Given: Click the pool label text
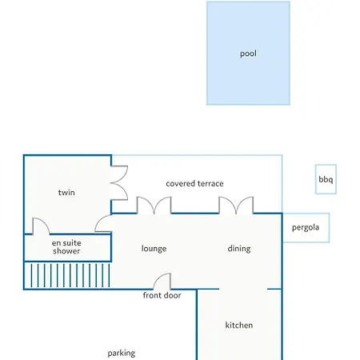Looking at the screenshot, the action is pyautogui.click(x=248, y=54).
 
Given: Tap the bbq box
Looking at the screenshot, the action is pyautogui.click(x=326, y=179).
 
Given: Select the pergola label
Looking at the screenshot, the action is pyautogui.click(x=306, y=228).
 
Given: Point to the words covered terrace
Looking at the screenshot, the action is pyautogui.click(x=194, y=183).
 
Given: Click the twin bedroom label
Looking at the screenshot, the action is pyautogui.click(x=66, y=192).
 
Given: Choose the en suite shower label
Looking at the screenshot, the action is pyautogui.click(x=66, y=247).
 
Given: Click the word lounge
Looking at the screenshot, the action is pyautogui.click(x=154, y=249).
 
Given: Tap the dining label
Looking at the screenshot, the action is pyautogui.click(x=239, y=249).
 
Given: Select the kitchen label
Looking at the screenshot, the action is pyautogui.click(x=239, y=325).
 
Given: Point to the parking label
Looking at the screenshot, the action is pyautogui.click(x=122, y=354).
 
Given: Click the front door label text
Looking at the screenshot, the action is pyautogui.click(x=162, y=295).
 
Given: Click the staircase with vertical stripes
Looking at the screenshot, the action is pyautogui.click(x=67, y=275).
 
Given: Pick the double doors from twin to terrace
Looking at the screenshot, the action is pyautogui.click(x=119, y=182).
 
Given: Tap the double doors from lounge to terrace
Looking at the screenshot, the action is pyautogui.click(x=154, y=206).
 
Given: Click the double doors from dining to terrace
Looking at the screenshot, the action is pyautogui.click(x=236, y=206).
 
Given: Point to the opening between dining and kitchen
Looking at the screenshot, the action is pyautogui.click(x=243, y=289).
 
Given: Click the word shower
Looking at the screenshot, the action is pyautogui.click(x=66, y=251).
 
